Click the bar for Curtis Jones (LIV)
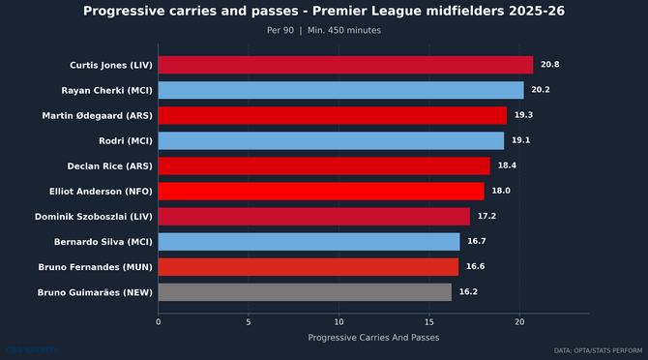coord(345,65)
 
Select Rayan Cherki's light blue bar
coord(340,90)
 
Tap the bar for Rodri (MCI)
coord(331,140)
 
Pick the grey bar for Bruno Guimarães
coord(305,291)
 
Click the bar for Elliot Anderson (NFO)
coord(320,191)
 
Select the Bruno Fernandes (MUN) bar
coord(308,266)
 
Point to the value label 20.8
coord(550,65)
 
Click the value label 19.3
coord(523,115)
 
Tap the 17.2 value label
coord(486,216)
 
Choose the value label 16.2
coord(468,291)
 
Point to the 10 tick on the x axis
coord(339,322)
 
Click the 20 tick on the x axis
coord(519,322)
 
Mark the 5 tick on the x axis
coord(249,322)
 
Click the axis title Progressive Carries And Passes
coord(373,338)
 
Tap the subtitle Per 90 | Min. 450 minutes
coord(324,30)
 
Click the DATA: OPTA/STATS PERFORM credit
coord(598,350)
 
